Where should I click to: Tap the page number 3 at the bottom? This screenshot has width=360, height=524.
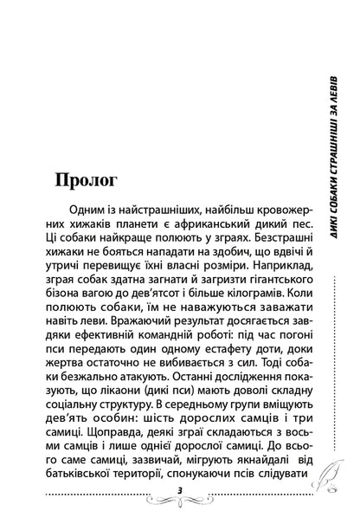tap(177, 490)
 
